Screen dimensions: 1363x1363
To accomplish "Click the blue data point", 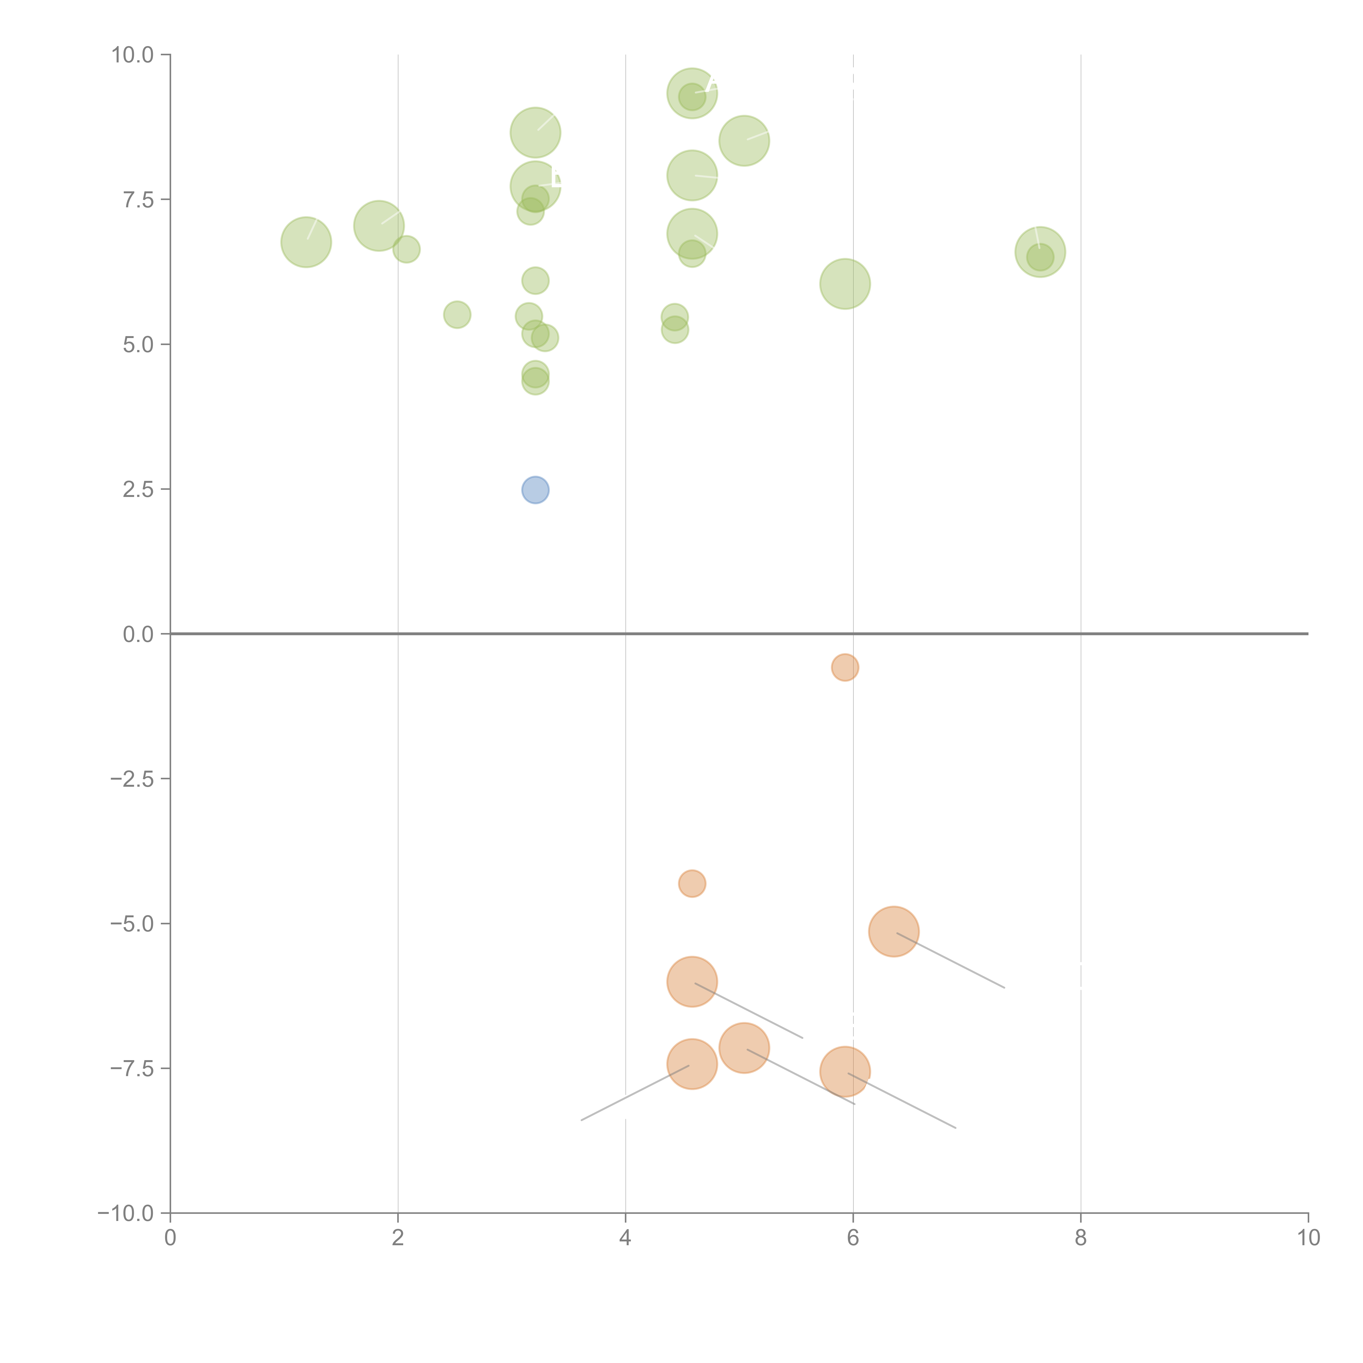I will click(x=535, y=490).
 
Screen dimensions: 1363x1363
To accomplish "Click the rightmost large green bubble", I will click(x=1040, y=252).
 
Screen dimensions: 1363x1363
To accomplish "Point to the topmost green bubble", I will click(x=692, y=93).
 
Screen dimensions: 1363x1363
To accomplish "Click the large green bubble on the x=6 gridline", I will click(x=845, y=284).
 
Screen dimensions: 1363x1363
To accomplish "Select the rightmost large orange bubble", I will click(x=894, y=931).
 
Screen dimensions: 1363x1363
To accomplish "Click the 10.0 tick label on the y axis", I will click(x=133, y=55).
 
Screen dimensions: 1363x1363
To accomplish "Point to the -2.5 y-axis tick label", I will click(x=133, y=779).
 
